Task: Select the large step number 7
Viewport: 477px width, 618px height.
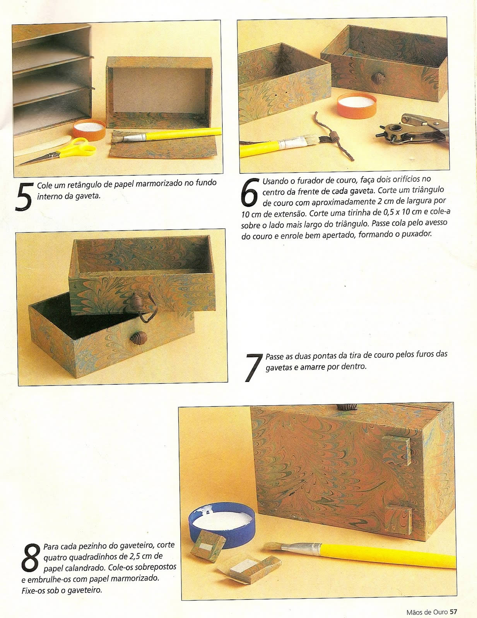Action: pyautogui.click(x=253, y=367)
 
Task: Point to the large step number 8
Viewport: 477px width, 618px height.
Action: pyautogui.click(x=31, y=557)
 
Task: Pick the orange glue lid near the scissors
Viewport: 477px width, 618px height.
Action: pyautogui.click(x=89, y=130)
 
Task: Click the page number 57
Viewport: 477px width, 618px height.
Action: pyautogui.click(x=453, y=610)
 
